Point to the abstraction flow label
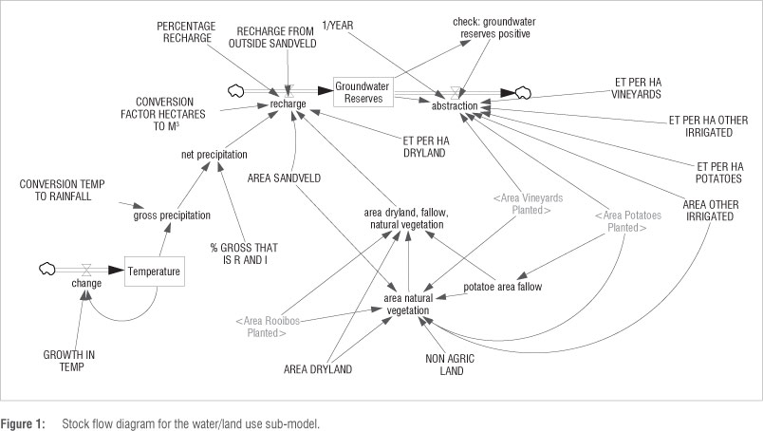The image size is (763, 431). coord(455,106)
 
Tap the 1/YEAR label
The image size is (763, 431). coord(339,25)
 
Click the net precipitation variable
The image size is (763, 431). coord(215,153)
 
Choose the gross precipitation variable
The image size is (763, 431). coord(172,215)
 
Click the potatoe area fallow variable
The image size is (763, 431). coord(503,285)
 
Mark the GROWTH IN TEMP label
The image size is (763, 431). coord(69,361)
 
